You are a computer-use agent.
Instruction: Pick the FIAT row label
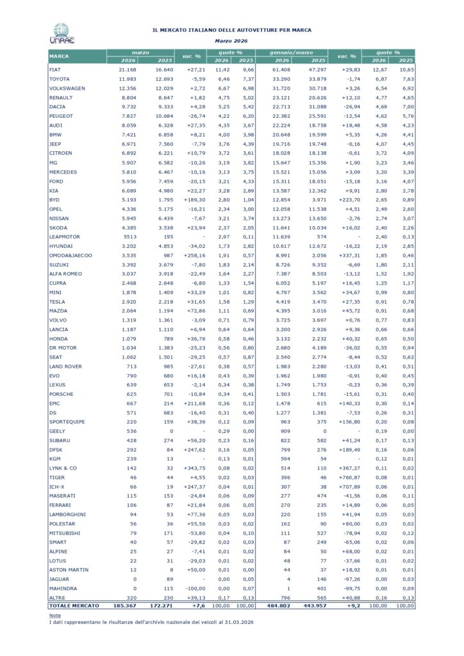54,68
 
